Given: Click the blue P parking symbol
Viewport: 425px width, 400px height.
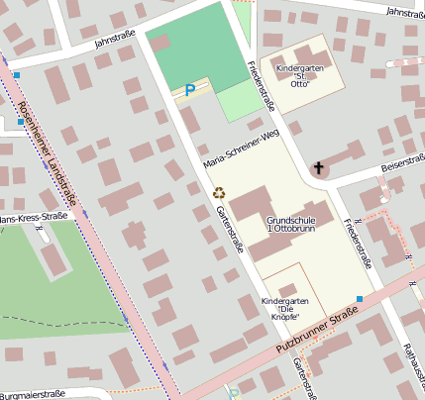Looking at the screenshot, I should coord(189,91).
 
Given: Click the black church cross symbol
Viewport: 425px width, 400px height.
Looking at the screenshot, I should coord(319,167).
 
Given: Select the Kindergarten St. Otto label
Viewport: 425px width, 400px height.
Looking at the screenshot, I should coord(298,77).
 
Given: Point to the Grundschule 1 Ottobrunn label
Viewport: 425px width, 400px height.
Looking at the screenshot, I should coord(298,224).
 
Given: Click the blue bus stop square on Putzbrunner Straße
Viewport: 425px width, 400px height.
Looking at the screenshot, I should coord(360,298).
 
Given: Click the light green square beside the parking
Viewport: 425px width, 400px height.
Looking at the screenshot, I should coord(238,100).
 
